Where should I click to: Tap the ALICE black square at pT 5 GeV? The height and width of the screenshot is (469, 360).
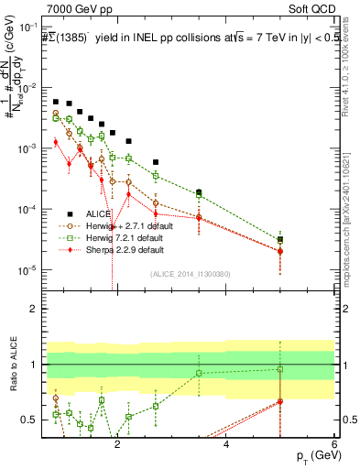point(280,239)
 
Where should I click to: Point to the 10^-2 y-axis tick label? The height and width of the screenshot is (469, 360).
point(27,88)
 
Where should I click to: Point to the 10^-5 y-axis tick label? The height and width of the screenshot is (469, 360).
point(27,270)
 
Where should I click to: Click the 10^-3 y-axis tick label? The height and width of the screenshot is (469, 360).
point(27,148)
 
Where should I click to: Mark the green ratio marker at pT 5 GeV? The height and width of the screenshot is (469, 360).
point(280,370)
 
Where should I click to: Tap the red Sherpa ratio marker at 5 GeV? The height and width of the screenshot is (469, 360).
point(280,401)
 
